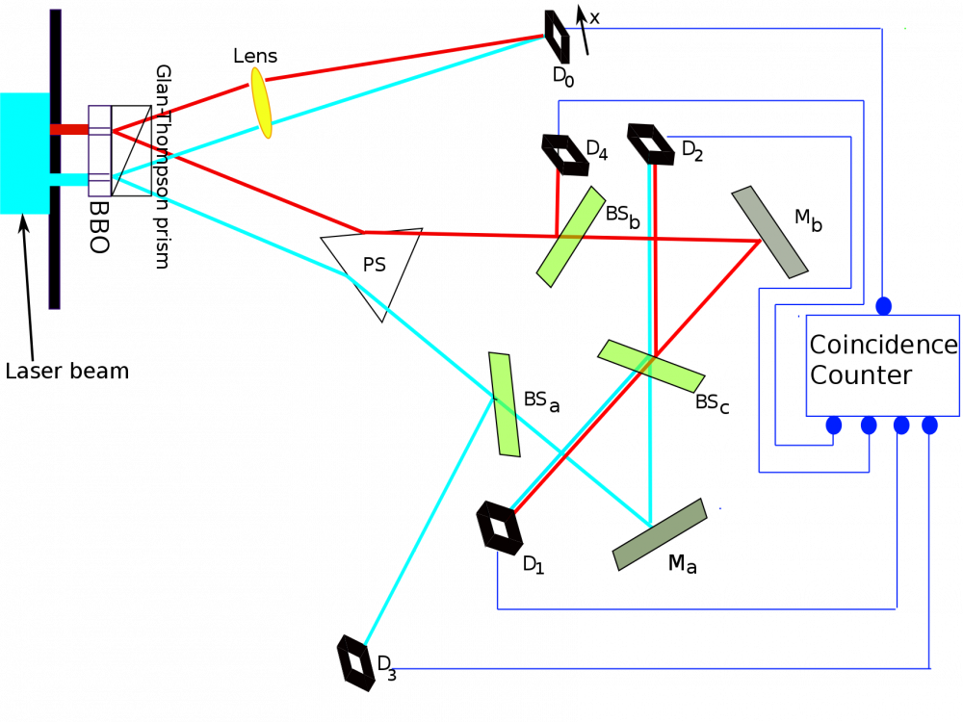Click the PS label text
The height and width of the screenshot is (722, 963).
point(374,266)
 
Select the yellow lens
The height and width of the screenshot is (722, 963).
point(261,103)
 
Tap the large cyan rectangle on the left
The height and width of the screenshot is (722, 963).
point(24,153)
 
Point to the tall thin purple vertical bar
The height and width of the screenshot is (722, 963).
point(55,159)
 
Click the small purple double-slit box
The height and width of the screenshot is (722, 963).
point(99,151)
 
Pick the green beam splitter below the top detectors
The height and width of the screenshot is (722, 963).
point(571,237)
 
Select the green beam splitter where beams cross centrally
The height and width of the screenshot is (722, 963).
point(651,366)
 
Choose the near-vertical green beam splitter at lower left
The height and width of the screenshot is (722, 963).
point(505,404)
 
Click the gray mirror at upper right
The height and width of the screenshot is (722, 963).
point(769,232)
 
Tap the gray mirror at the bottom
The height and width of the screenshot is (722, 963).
point(660,534)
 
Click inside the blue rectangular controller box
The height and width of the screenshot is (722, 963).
point(882,366)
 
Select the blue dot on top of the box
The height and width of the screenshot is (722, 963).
point(884,306)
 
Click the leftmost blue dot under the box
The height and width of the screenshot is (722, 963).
point(834,425)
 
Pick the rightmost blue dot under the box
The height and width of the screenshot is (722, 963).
point(929,425)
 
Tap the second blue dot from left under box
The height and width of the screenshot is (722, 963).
point(869,425)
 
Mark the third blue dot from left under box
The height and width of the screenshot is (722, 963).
point(901,425)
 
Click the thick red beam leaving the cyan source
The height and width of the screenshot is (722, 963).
point(69,129)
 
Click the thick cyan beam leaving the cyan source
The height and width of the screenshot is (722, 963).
point(69,179)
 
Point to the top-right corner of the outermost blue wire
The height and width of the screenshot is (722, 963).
point(882,29)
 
